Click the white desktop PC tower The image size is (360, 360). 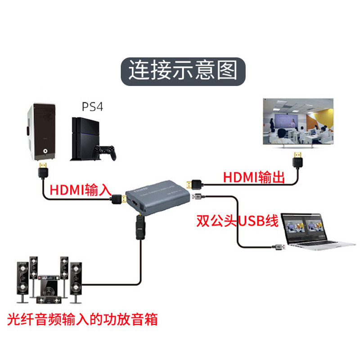point(41,131)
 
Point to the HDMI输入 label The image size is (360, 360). point(80,190)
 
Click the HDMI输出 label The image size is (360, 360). point(254,177)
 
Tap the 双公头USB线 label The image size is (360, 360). point(237,221)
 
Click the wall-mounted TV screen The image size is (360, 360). point(297,122)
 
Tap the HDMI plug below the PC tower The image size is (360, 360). point(42,171)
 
